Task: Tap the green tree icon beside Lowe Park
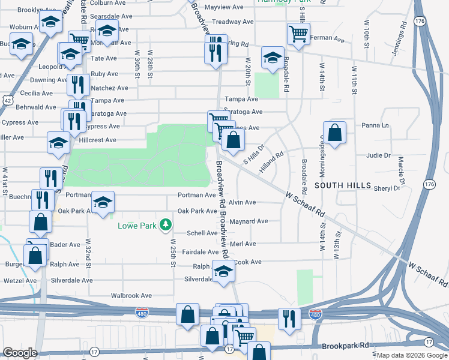point(165,226)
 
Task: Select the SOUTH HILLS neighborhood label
point(340,186)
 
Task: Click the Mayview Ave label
point(224,7)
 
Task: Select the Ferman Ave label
point(330,40)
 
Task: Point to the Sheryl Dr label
point(387,188)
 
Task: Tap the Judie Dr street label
point(378,155)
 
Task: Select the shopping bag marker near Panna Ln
point(335,132)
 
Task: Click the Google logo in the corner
point(20,353)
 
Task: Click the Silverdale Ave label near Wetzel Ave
point(72,280)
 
